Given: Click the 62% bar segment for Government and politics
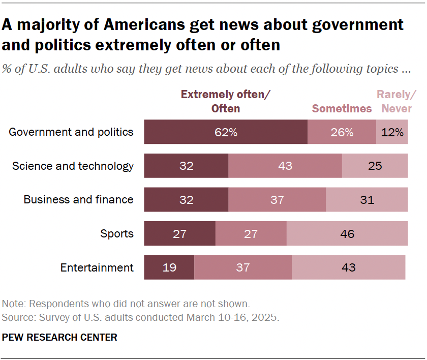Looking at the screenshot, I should tap(226, 132).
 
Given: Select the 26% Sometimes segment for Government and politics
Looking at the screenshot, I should tap(342, 132).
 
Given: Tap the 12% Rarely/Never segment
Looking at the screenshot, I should tap(392, 132).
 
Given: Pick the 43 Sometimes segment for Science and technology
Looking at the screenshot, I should tap(285, 166).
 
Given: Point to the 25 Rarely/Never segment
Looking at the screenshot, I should tap(375, 166).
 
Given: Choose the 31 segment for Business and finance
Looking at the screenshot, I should tap(367, 200).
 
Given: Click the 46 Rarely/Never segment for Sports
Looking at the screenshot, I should tap(347, 234).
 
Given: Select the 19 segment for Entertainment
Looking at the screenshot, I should tap(169, 267).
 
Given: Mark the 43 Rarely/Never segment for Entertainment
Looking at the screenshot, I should tap(348, 267).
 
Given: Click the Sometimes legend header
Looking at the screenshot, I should tap(342, 108).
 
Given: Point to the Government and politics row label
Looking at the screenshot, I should tap(71, 132).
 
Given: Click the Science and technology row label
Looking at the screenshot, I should tap(73, 166).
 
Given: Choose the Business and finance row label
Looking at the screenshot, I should tap(78, 200).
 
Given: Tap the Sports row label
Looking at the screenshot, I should tap(117, 234).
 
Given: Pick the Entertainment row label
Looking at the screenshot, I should tap(97, 267).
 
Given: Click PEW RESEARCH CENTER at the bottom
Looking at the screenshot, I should tap(59, 337).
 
